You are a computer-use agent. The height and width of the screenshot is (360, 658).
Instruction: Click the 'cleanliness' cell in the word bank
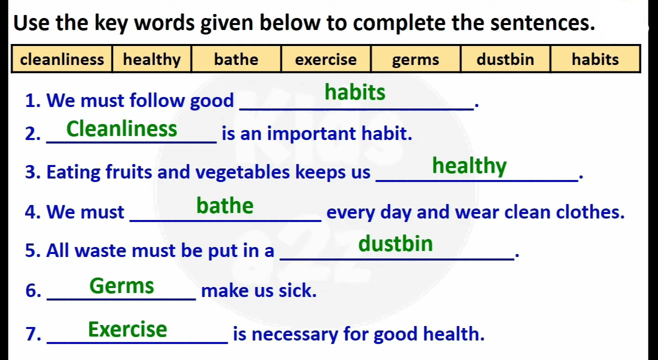(62, 59)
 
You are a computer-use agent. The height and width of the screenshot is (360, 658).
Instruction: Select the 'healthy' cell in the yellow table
(152, 59)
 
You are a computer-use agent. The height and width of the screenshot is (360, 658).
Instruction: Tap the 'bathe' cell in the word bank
(236, 59)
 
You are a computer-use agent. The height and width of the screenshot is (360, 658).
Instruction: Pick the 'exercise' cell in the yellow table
(326, 59)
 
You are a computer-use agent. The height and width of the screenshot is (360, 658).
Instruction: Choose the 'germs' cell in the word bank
(415, 59)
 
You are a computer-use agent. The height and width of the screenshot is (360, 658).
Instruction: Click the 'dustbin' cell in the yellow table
(505, 59)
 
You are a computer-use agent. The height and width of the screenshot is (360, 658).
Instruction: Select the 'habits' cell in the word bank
(595, 59)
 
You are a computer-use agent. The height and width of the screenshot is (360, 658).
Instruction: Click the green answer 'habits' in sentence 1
(355, 92)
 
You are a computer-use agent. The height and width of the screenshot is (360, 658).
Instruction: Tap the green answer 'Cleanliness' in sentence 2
(121, 128)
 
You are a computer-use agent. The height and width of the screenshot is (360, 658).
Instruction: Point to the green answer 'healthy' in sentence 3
(469, 166)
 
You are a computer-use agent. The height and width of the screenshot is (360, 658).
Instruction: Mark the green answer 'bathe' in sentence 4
(224, 205)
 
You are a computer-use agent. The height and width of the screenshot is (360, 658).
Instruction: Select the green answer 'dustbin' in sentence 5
(395, 243)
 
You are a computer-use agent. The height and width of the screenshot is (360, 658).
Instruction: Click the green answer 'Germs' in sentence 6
(121, 285)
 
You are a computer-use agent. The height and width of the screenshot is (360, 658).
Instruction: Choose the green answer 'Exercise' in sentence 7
(127, 329)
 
